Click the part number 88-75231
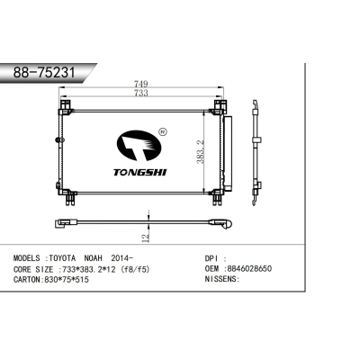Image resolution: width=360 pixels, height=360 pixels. point(44,72)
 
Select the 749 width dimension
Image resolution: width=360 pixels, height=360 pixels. point(141,84)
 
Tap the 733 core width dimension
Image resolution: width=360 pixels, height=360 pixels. point(141,93)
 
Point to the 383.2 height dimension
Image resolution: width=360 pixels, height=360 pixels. point(200,151)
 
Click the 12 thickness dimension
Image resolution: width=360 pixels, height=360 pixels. point(145,238)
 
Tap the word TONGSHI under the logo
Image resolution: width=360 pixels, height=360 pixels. point(139,172)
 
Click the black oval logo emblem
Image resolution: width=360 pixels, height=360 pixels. point(139,145)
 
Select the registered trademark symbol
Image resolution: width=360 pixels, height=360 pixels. point(162,131)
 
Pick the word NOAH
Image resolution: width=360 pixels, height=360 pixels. point(93,258)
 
